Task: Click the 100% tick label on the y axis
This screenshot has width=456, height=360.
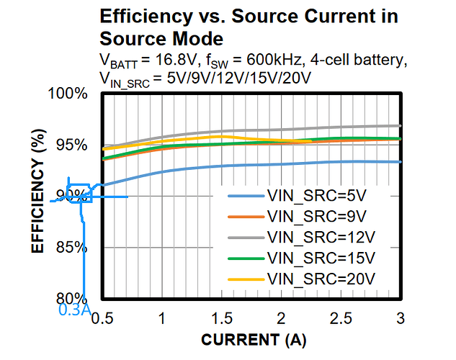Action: pos(69,94)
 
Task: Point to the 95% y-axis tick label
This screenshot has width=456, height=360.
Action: pos(72,145)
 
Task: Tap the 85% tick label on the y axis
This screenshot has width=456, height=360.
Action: pos(72,248)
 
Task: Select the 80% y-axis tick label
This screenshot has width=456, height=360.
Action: pos(72,298)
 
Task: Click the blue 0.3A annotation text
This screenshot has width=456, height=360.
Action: pos(74,310)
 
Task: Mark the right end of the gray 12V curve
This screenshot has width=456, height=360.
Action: pos(400,125)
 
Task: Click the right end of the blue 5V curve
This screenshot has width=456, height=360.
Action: pos(400,162)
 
